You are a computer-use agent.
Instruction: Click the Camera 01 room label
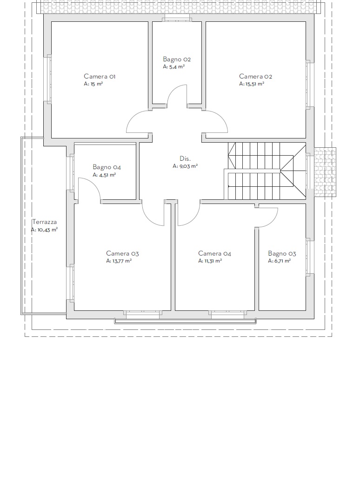(100, 76)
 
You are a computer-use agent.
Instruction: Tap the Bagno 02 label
(177, 59)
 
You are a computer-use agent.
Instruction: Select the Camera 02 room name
(255, 76)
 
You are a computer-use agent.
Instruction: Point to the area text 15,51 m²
(254, 84)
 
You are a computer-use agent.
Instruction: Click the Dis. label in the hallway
(185, 158)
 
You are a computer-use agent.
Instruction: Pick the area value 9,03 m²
(188, 166)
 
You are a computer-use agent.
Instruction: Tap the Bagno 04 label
(107, 167)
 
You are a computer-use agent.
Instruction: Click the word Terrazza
(44, 222)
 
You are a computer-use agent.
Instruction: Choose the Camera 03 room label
(122, 253)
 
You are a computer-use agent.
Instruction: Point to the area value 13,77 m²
(122, 261)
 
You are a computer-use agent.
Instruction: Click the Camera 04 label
(214, 253)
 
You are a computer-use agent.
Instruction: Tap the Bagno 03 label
(282, 253)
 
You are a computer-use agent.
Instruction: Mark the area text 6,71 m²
(282, 261)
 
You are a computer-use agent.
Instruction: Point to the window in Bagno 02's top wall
(177, 19)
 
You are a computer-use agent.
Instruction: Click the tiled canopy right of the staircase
(325, 172)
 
